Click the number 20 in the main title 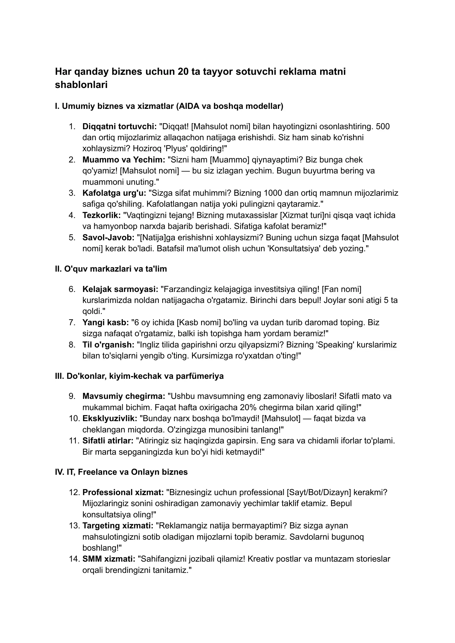tap(183, 72)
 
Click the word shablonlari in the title tap(81, 85)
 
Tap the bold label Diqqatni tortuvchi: tap(119, 126)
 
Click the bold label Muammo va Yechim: tap(124, 160)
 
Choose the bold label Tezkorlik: tap(101, 215)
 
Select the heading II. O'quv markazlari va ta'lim tap(111, 269)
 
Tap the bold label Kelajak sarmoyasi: tap(120, 289)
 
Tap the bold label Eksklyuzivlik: tap(110, 418)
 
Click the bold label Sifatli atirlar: tap(108, 441)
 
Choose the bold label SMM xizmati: tap(109, 559)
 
